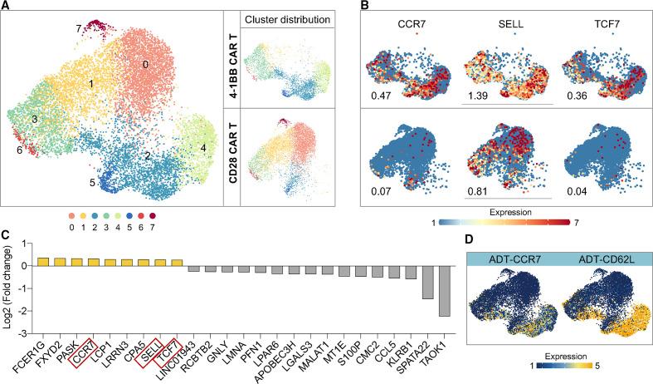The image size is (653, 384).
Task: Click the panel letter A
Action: point(6,7)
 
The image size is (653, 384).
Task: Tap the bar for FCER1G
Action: point(43,261)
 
